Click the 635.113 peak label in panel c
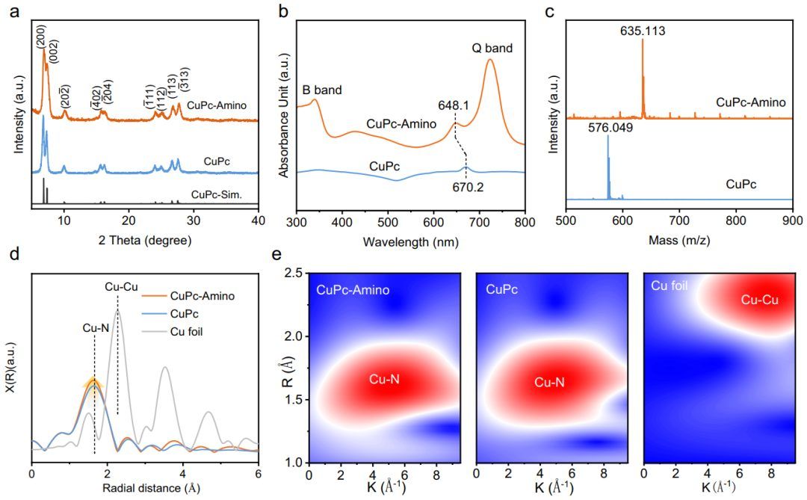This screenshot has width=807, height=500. (643, 31)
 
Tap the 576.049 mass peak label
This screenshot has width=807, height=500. (610, 126)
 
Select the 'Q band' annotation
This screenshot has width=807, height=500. (492, 49)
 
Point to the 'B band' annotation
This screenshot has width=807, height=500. (321, 90)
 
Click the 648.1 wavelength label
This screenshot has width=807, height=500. (454, 105)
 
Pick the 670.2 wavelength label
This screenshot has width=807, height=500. (468, 187)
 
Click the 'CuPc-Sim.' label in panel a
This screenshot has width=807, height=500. (216, 195)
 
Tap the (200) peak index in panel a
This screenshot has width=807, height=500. (41, 37)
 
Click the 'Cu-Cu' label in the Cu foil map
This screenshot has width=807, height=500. (760, 300)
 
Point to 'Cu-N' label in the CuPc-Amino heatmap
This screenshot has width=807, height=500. (385, 380)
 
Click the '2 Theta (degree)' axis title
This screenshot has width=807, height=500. (145, 240)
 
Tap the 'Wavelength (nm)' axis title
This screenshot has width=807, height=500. (411, 241)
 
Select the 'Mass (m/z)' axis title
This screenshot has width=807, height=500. (679, 240)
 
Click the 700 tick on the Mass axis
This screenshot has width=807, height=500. (679, 221)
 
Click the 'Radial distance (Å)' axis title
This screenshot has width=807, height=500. (151, 487)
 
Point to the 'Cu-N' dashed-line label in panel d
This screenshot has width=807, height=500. (96, 328)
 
